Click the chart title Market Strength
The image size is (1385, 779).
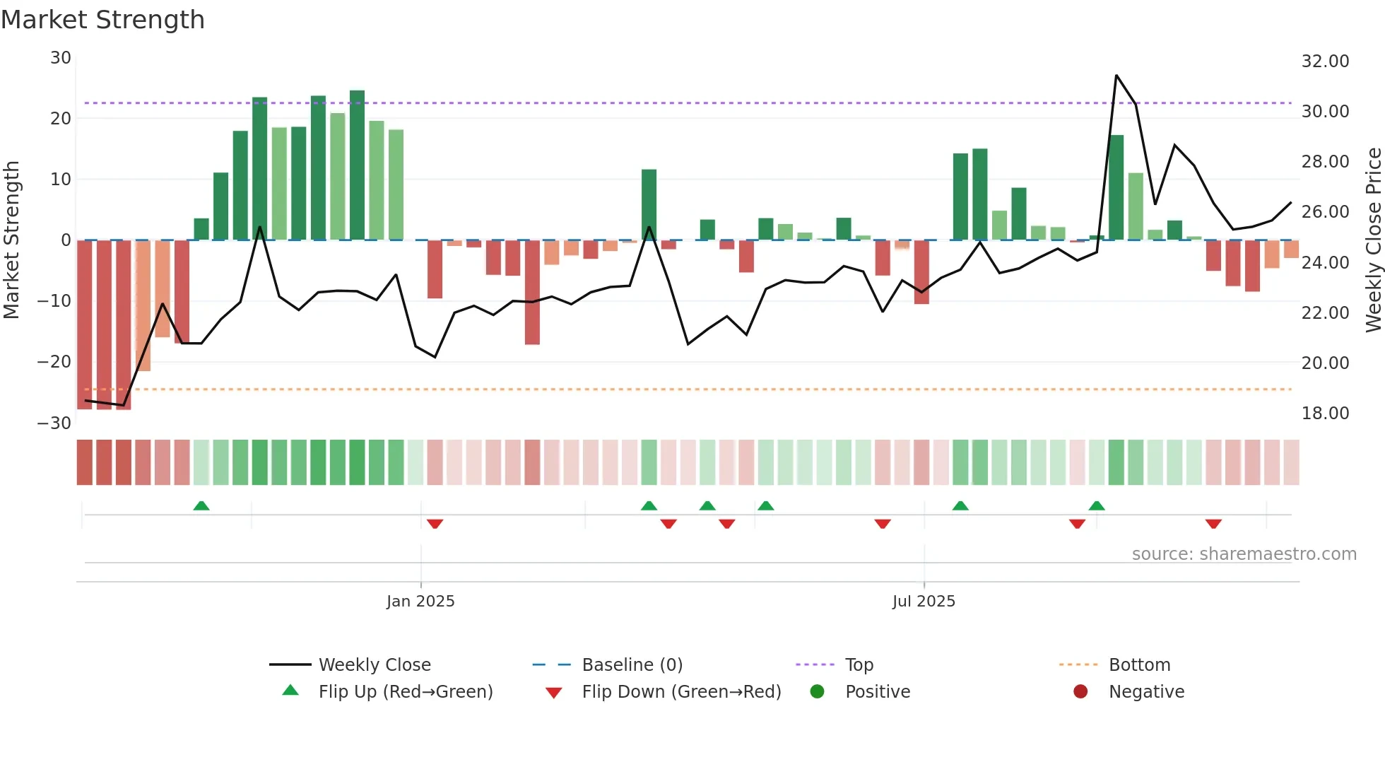[102, 20]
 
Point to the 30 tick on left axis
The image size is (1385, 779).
[61, 58]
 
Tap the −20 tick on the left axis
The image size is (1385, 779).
[54, 362]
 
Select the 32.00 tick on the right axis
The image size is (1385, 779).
[1325, 61]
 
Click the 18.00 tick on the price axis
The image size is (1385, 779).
[1325, 414]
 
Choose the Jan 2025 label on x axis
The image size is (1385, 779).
[420, 602]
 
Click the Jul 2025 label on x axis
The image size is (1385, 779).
[924, 602]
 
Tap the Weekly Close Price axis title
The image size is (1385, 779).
[1373, 240]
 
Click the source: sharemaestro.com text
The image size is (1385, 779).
[1244, 554]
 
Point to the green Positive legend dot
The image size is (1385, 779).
[818, 692]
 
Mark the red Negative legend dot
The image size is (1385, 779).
[1080, 692]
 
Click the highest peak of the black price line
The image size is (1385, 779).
[1116, 76]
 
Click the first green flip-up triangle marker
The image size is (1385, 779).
[201, 505]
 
